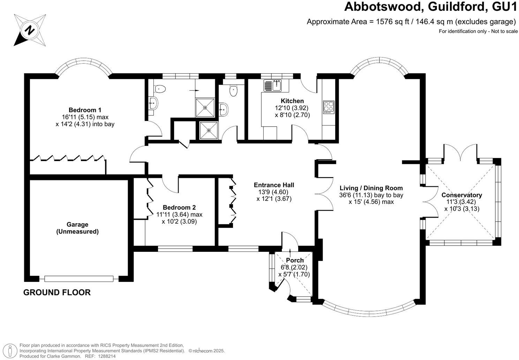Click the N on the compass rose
click(x=30, y=30)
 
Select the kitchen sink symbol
click(x=272, y=85)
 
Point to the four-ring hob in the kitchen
click(x=329, y=107)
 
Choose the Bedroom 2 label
click(x=179, y=207)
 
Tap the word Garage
click(x=77, y=224)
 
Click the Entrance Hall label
click(x=274, y=185)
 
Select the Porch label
click(x=295, y=260)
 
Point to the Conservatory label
click(x=461, y=195)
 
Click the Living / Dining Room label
click(x=371, y=188)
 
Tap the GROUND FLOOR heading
click(x=57, y=292)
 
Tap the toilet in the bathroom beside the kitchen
click(x=233, y=91)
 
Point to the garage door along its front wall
click(x=79, y=278)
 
